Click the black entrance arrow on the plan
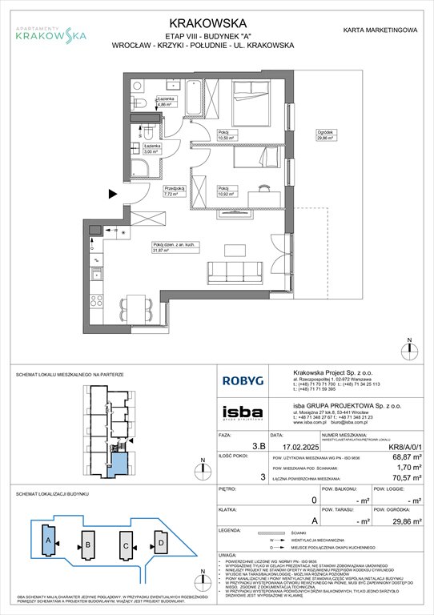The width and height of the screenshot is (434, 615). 112,193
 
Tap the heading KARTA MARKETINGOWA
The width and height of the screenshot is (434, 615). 380,30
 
